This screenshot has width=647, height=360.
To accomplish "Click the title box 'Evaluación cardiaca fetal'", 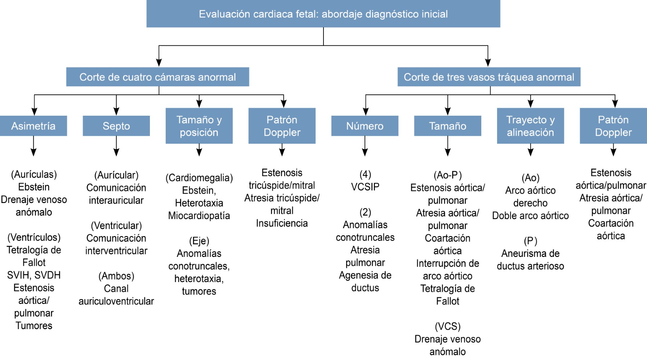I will (x=323, y=14).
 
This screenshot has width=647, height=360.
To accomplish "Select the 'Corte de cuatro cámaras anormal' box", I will (x=157, y=77).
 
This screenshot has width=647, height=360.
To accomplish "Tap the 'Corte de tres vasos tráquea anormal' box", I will (x=489, y=77).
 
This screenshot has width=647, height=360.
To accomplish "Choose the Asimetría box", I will (x=33, y=126).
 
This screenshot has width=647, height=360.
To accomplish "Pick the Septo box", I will (x=116, y=126).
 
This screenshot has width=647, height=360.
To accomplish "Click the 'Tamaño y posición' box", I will (x=199, y=126).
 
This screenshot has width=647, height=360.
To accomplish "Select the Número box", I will (x=365, y=126).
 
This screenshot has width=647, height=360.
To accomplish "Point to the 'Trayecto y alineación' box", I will (x=530, y=126).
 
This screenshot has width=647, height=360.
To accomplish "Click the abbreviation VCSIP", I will (x=365, y=187).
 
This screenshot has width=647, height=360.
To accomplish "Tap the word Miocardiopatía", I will (x=199, y=216).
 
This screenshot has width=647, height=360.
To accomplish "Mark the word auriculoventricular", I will (x=116, y=301).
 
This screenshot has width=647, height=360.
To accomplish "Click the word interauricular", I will (x=116, y=200).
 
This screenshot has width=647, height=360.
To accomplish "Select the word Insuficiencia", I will (x=282, y=223).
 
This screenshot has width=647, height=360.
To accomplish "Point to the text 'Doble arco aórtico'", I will (x=530, y=216).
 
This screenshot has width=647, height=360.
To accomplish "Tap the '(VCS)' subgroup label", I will (x=448, y=326).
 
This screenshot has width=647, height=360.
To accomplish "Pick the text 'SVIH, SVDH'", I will (x=34, y=275).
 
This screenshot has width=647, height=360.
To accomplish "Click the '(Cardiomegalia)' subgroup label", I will (x=199, y=178).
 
